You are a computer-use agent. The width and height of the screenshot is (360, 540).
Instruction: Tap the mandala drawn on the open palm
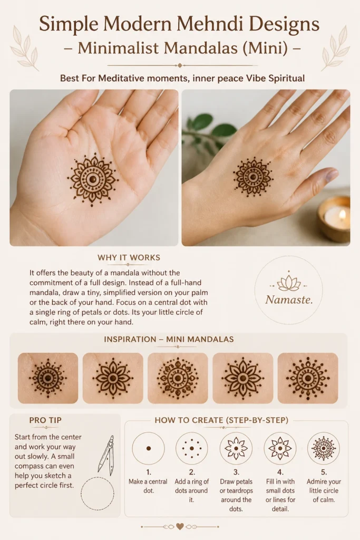[x=92, y=179]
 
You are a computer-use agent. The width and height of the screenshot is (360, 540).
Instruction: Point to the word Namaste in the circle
[x=289, y=300]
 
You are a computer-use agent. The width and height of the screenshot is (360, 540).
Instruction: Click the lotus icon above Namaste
[x=289, y=283]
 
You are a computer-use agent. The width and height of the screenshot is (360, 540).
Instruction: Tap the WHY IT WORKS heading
[x=129, y=257]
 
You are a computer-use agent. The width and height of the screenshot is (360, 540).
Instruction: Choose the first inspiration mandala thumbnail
[x=48, y=378]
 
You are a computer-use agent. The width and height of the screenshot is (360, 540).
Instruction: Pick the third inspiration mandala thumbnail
[x=178, y=378]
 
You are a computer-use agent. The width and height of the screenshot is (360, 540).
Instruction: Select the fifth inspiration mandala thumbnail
[x=308, y=378]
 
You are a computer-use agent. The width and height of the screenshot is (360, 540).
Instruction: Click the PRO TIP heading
[x=45, y=420]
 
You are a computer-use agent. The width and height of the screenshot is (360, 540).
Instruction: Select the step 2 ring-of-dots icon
[x=192, y=448]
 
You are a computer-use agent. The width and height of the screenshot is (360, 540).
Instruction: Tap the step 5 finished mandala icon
[x=324, y=448]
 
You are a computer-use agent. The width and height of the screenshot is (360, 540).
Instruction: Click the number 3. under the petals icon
[x=236, y=472]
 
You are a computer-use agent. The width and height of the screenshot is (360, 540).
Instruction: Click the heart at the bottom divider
[x=180, y=527]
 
